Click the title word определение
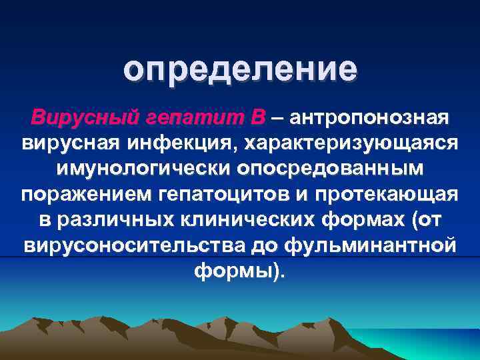(240, 71)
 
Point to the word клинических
(253, 220)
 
